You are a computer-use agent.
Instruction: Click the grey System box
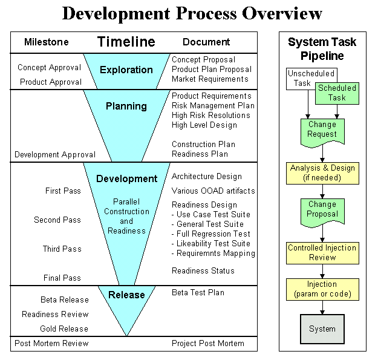pos(322,329)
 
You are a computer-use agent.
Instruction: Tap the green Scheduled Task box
pos(337,93)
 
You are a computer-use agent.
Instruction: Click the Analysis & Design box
pos(322,172)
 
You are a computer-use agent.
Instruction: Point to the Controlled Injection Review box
pos(322,252)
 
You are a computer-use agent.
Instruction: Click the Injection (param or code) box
pos(322,289)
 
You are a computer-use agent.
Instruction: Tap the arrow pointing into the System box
pos(322,309)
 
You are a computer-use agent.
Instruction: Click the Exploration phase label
pos(126,70)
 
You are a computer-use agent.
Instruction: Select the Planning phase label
pos(126,106)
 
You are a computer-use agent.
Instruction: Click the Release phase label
pos(126,295)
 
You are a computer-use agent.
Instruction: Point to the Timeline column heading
pos(126,42)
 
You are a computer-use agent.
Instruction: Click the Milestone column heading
pos(47,42)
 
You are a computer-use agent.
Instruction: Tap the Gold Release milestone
pos(64,329)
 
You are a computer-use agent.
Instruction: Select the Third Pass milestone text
pos(62,249)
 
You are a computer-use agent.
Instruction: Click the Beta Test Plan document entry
pos(198,293)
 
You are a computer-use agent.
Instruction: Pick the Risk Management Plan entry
pos(212,106)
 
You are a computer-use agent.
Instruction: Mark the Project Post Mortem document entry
pos(207,344)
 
